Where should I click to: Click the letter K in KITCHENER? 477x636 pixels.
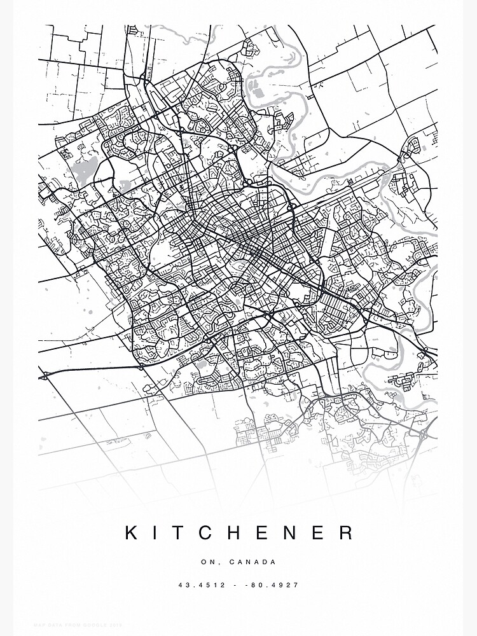pyautogui.click(x=131, y=532)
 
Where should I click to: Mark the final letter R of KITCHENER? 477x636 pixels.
pyautogui.click(x=346, y=532)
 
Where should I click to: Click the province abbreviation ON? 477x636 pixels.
pyautogui.click(x=207, y=562)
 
